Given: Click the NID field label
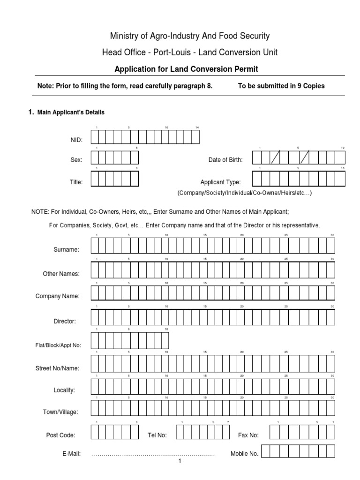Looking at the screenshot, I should pyautogui.click(x=76, y=140).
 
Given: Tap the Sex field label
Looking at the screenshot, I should pyautogui.click(x=76, y=160).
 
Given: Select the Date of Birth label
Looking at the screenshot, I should pyautogui.click(x=225, y=160).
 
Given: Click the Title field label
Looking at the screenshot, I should pyautogui.click(x=76, y=182).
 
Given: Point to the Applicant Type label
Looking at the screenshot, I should pyautogui.click(x=220, y=182).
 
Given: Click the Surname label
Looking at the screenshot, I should pyautogui.click(x=67, y=250).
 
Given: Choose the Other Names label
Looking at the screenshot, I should pyautogui.click(x=61, y=274).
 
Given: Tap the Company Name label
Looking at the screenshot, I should pyautogui.click(x=58, y=296).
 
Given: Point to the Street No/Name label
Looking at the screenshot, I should pyautogui.click(x=58, y=368).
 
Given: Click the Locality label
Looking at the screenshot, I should pyautogui.click(x=64, y=390).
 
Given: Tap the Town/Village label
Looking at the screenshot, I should pyautogui.click(x=61, y=412).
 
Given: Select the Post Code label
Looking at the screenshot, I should pyautogui.click(x=60, y=435).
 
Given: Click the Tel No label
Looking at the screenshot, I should pyautogui.click(x=157, y=435).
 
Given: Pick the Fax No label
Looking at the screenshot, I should pyautogui.click(x=248, y=435).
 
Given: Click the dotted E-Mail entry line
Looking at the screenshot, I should pyautogui.click(x=153, y=455).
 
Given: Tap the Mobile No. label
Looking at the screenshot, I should pyautogui.click(x=244, y=454).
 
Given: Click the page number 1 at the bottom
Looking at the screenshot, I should pyautogui.click(x=179, y=462).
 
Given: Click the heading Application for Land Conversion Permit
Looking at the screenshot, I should pyautogui.click(x=187, y=69).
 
